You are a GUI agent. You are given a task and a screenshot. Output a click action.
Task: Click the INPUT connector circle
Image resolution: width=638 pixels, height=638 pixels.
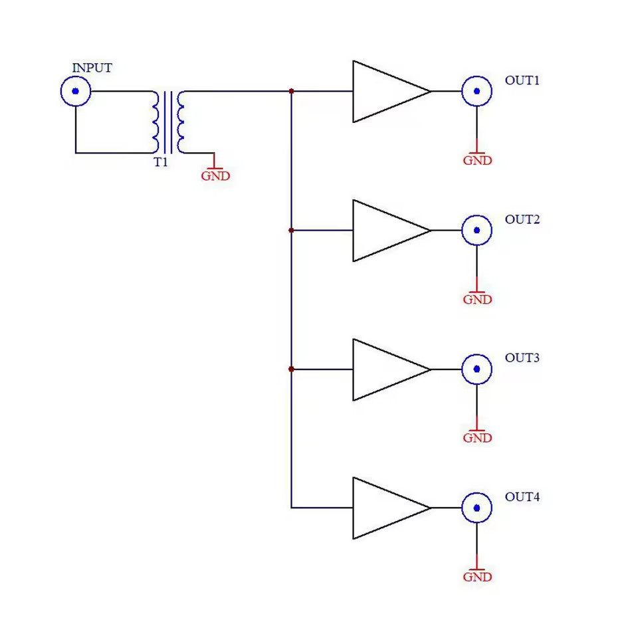click(x=75, y=91)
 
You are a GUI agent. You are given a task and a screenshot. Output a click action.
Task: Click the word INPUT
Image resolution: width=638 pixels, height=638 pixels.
click(x=92, y=68)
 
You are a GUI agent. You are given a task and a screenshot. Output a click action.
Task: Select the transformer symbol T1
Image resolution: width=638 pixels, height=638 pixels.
click(x=169, y=122)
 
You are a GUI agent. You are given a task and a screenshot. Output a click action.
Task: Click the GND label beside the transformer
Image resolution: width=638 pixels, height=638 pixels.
click(x=215, y=176)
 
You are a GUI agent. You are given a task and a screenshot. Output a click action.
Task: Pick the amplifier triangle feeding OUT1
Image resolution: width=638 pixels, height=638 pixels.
click(x=385, y=92)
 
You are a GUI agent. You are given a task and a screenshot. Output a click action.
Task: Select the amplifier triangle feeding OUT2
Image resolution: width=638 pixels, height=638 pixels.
click(x=385, y=231)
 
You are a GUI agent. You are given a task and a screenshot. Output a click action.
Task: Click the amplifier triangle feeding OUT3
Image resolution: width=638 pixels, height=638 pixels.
click(x=385, y=370)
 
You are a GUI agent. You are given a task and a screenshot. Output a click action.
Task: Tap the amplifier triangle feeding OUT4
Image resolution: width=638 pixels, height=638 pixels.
click(x=385, y=508)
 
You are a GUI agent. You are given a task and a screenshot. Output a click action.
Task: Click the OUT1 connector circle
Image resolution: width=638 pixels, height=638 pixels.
click(x=477, y=92)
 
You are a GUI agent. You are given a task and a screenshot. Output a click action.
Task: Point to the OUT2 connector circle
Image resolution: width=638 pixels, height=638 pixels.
click(x=477, y=231)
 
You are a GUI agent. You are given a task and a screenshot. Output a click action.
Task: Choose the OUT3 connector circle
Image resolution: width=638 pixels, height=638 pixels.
click(x=477, y=370)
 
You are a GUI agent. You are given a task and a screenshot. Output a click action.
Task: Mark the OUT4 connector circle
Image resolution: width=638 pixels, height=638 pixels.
click(x=477, y=508)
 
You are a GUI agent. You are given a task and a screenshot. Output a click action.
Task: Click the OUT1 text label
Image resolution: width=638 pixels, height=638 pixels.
click(x=522, y=80)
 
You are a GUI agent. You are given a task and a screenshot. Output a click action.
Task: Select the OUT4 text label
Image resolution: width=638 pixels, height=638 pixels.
click(x=522, y=497)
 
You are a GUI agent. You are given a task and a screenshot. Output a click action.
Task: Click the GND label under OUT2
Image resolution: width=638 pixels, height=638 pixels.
click(x=477, y=299)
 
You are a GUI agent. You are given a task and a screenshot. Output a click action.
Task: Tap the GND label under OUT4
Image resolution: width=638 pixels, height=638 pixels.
click(x=477, y=577)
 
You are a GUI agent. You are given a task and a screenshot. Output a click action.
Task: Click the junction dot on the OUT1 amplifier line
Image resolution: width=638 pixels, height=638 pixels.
click(x=291, y=91)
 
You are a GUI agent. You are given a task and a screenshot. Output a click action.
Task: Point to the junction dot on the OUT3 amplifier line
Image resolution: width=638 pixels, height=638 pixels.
click(x=291, y=369)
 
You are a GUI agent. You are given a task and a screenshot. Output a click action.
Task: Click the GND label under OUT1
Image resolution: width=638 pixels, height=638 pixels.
click(x=477, y=160)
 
